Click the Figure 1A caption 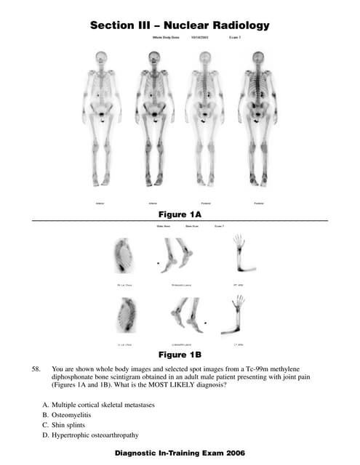click(x=179, y=215)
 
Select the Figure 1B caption click(x=179, y=355)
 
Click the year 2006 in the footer click(x=233, y=453)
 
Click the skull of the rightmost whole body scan click(x=260, y=56)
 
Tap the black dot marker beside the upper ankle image click(x=158, y=260)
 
